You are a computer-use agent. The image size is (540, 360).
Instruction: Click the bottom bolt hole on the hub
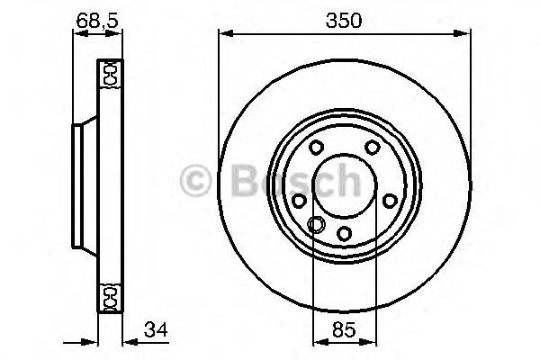(344, 235)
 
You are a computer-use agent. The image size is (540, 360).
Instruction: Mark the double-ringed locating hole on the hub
(315, 225)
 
